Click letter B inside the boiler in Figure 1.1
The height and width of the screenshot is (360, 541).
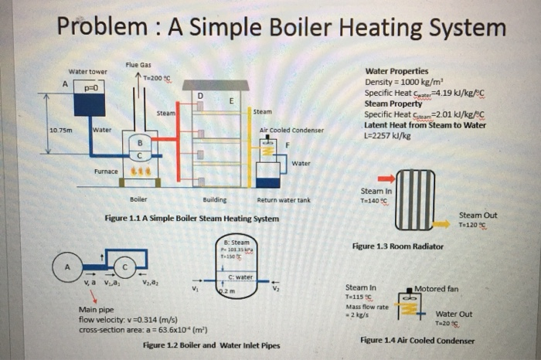140,142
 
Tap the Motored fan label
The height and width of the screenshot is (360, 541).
437,289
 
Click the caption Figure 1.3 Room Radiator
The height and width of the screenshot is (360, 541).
397,246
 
